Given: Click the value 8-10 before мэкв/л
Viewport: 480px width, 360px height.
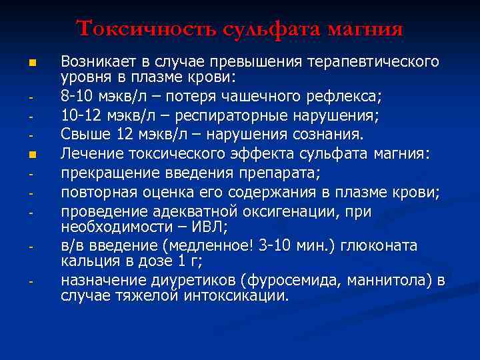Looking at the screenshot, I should (x=77, y=98).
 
